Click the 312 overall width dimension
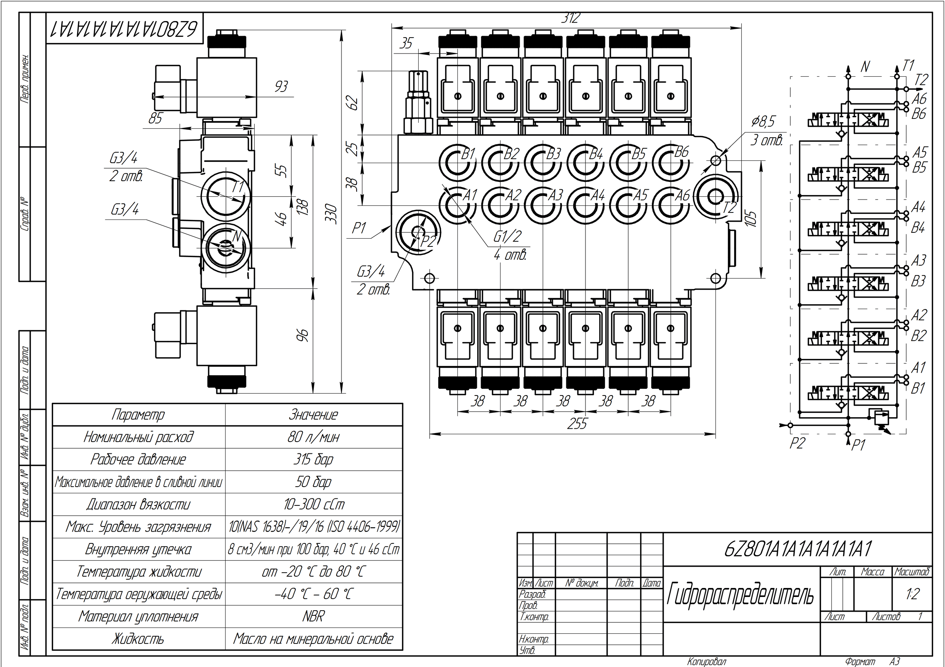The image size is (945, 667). click(571, 18)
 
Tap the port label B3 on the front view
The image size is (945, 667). click(554, 154)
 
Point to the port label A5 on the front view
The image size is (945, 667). click(640, 195)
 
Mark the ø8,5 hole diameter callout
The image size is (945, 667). click(763, 122)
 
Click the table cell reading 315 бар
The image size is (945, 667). click(313, 459)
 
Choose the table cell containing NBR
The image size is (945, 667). click(313, 616)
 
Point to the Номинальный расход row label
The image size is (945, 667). click(138, 437)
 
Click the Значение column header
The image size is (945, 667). click(313, 415)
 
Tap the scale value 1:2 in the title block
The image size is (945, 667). click(912, 594)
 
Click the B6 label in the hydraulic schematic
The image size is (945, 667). click(919, 114)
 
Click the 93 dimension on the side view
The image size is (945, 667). click(281, 87)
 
